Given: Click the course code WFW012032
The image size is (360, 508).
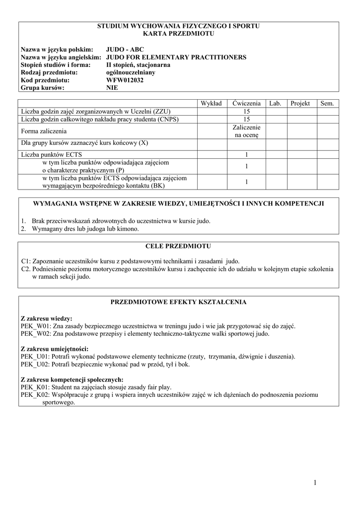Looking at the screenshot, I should tap(125, 80).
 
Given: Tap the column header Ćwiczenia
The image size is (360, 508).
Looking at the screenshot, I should tap(245, 103).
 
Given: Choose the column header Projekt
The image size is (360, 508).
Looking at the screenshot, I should tap(300, 103).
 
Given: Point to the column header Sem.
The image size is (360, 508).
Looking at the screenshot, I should tap(327, 103).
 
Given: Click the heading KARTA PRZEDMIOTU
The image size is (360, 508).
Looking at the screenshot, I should tap(178, 33).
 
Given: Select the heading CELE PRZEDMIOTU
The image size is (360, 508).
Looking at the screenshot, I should tap(178, 246).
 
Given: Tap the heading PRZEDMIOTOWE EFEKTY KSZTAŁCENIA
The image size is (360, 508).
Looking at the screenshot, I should tap(178, 302).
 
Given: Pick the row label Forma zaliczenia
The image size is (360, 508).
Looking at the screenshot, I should tap(44, 131).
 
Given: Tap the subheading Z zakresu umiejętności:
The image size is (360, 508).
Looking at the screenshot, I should tap(54, 349).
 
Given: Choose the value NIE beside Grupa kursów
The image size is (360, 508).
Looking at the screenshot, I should tap(112, 88).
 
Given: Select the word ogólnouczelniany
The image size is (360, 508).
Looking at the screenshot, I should tap(131, 72).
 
